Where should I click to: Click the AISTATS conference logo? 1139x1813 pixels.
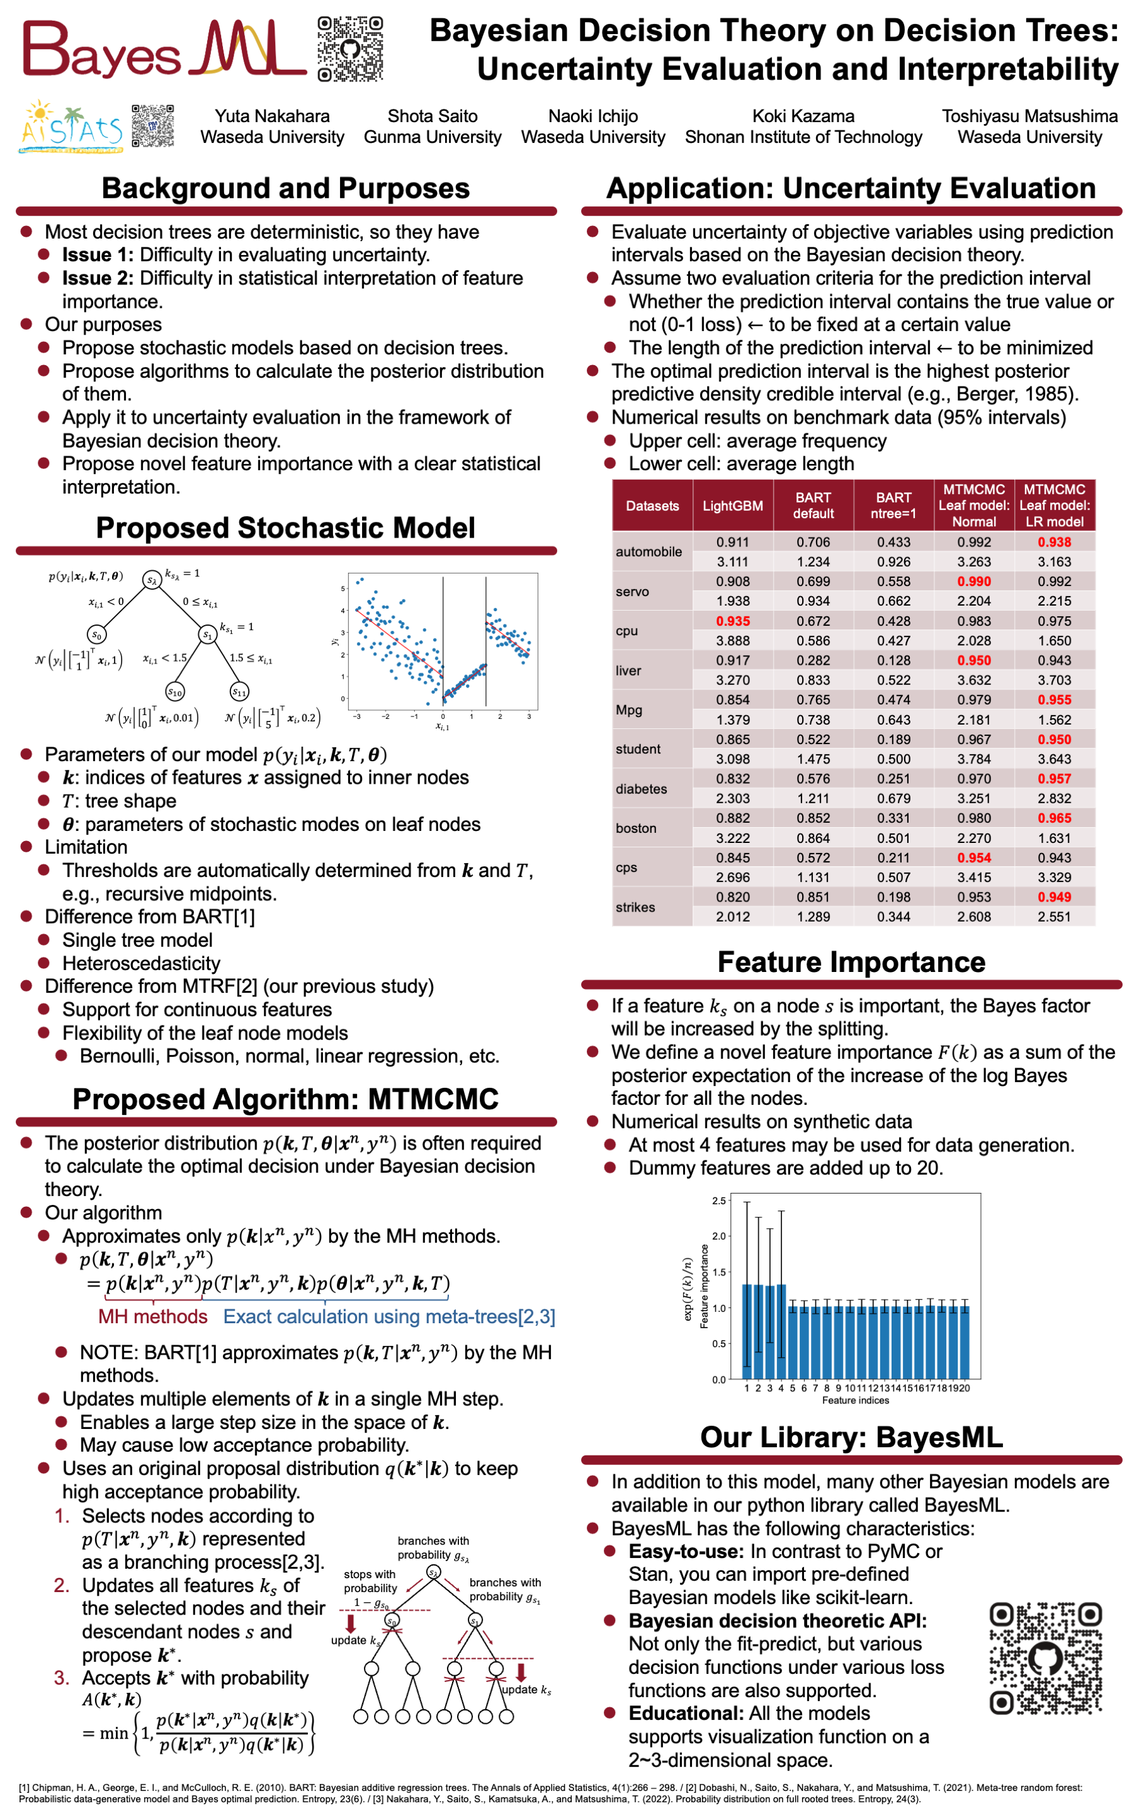point(72,127)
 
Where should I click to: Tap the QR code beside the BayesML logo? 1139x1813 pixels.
point(350,49)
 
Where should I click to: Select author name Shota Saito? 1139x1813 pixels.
point(432,116)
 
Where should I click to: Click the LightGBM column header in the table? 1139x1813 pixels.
point(732,506)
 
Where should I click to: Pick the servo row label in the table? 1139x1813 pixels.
point(632,592)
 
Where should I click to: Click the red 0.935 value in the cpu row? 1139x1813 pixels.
point(732,621)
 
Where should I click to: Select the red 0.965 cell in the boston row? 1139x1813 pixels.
point(1053,818)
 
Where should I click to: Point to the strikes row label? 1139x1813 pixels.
point(635,907)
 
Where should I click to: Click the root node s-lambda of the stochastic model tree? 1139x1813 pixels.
point(152,580)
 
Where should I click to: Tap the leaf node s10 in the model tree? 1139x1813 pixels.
point(174,691)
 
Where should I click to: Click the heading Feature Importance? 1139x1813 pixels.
point(851,963)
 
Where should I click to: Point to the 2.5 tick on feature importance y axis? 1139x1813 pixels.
point(718,1201)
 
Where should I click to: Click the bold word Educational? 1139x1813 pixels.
point(685,1714)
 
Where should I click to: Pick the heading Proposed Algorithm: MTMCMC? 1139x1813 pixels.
point(285,1099)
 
